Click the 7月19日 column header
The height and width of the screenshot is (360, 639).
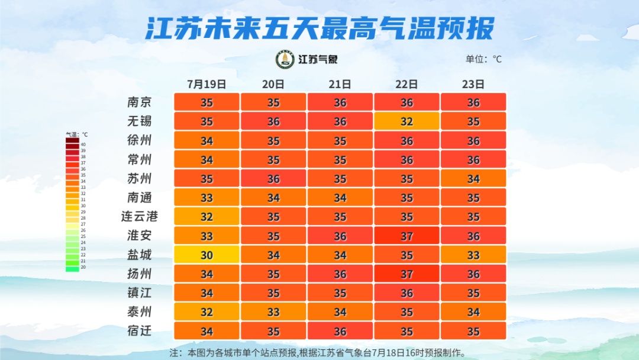(x=206, y=84)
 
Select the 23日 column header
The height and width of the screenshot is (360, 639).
(x=473, y=84)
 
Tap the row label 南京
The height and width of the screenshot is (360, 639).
(x=140, y=102)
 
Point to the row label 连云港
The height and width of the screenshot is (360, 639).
(x=140, y=216)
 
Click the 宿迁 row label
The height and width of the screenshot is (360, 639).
(x=140, y=330)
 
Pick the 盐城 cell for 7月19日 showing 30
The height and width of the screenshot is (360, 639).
(x=206, y=255)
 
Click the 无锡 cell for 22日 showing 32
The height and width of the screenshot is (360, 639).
(x=406, y=121)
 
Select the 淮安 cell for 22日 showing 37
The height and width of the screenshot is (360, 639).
(x=406, y=236)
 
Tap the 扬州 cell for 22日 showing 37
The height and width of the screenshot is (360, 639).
(x=406, y=274)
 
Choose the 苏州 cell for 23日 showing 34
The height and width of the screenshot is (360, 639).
(x=473, y=178)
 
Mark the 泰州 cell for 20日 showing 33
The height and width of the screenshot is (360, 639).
(x=273, y=311)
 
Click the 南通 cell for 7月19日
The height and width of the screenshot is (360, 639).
(x=206, y=197)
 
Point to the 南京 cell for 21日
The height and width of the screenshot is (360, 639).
(x=340, y=102)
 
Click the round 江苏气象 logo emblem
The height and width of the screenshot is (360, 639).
(x=285, y=59)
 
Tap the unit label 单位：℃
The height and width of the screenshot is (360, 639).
(x=483, y=59)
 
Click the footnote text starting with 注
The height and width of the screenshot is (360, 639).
(x=318, y=352)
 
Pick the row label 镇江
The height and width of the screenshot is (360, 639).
(x=140, y=292)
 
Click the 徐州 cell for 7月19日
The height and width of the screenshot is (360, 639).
(x=206, y=140)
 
